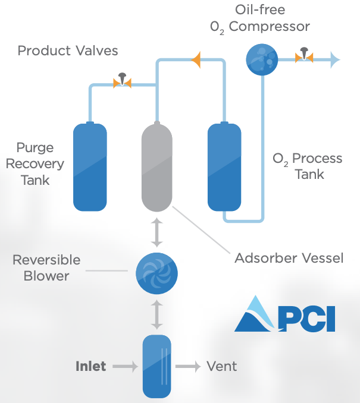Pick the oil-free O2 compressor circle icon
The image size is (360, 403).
coord(262,59)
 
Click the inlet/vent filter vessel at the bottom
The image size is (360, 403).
coord(157,366)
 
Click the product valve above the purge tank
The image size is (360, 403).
coord(122,83)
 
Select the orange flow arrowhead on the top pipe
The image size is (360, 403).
coord(196,58)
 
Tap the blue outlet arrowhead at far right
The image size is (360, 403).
coord(334,59)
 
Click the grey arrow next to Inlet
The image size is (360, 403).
coord(126,367)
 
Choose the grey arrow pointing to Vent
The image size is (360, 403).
coord(188,367)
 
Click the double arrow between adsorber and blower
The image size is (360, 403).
coord(156,232)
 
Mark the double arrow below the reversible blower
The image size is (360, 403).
coord(156,314)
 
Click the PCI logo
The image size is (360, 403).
coord(284,314)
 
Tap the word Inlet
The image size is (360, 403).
coord(90,366)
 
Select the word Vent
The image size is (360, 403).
coord(221,366)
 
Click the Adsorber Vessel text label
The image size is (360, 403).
coord(289,258)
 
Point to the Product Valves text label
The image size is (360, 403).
coord(68,51)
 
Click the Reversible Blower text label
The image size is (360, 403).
coord(46,268)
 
